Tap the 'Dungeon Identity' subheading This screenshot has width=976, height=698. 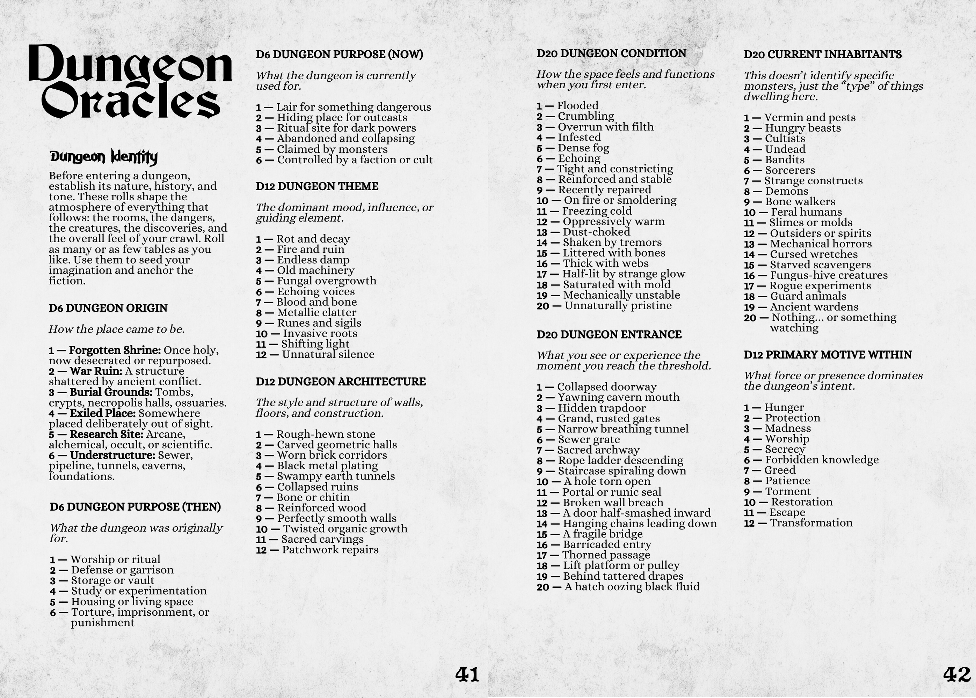point(104,157)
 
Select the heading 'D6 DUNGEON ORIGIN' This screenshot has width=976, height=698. point(108,308)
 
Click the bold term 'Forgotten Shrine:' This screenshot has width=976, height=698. point(115,351)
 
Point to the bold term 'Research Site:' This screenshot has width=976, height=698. point(106,435)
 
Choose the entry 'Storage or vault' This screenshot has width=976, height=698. point(112,581)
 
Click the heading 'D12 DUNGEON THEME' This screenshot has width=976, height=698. point(317,186)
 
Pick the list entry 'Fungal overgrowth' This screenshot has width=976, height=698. point(327,281)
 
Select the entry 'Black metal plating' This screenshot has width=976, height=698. point(327,466)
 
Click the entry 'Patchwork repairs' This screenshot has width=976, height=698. point(330,550)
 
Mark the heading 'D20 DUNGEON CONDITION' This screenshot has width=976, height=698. point(611,54)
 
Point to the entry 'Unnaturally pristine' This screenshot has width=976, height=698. point(618,306)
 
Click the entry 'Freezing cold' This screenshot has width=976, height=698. point(597,211)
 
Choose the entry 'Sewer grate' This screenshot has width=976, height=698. point(589,440)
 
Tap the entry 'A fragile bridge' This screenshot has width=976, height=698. point(602,534)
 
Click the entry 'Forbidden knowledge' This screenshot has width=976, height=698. point(822,460)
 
